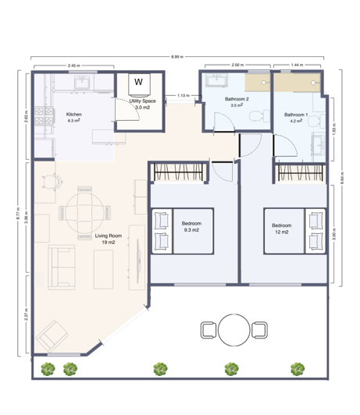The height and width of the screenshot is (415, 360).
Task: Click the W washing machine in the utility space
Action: [x=139, y=82]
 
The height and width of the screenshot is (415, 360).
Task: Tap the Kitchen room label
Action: [x=74, y=117]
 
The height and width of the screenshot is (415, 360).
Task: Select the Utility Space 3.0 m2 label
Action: [x=144, y=103]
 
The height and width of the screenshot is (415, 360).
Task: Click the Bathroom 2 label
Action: [x=237, y=101]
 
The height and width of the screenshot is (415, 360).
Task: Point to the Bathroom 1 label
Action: [x=296, y=117]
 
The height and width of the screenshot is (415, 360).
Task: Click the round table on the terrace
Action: [x=233, y=328]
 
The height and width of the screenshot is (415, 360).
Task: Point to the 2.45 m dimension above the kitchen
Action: [x=74, y=66]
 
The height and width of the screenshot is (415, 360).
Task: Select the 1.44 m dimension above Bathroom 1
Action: [x=296, y=66]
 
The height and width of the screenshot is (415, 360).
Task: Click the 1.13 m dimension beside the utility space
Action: [x=183, y=96]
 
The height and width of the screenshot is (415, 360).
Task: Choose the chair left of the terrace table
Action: [x=209, y=329]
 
